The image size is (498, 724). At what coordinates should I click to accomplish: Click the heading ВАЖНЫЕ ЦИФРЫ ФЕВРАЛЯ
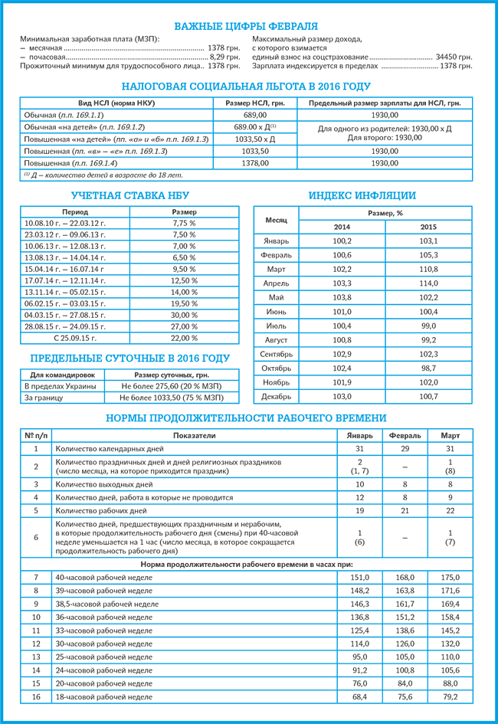tap(249, 26)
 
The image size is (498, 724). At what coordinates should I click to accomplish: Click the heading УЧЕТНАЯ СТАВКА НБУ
tap(126, 195)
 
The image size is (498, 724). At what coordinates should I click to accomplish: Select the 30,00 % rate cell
tap(184, 315)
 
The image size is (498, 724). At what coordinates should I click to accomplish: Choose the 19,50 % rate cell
tap(184, 303)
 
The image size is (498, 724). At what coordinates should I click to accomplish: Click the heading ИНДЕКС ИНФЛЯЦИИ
tap(362, 195)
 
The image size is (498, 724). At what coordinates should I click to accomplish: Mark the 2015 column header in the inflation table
tap(429, 228)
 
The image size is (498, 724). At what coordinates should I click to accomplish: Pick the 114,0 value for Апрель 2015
tap(429, 283)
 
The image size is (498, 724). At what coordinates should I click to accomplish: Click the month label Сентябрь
tap(277, 354)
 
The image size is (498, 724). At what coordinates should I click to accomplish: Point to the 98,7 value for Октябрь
tap(429, 368)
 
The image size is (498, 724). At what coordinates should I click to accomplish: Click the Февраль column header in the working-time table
tap(405, 435)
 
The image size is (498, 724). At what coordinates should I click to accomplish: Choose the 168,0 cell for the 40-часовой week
tap(405, 577)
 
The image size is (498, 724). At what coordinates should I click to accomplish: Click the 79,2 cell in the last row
tap(450, 697)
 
